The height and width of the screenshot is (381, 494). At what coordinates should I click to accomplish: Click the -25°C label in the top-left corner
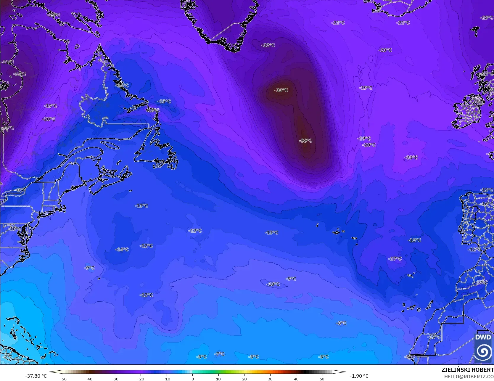(x=54, y=15)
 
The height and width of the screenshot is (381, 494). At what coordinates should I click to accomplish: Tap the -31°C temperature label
(x=7, y=62)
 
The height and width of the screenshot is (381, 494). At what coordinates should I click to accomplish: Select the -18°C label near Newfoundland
(x=153, y=110)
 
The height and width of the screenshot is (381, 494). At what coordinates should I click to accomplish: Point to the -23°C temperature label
(x=385, y=50)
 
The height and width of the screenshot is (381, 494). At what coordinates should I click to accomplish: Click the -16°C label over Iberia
(x=487, y=204)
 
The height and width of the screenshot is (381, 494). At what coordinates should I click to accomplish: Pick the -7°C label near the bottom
(x=219, y=354)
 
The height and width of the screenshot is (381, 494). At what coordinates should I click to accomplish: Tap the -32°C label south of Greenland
(x=268, y=45)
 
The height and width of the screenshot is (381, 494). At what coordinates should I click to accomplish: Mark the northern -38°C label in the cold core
(x=281, y=90)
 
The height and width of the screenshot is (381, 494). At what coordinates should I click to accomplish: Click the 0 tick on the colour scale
(x=193, y=379)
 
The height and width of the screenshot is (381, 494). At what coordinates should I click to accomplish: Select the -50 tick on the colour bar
(x=63, y=379)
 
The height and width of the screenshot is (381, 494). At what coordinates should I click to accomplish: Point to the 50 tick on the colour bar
(x=322, y=379)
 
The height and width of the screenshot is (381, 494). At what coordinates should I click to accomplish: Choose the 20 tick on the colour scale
(x=244, y=379)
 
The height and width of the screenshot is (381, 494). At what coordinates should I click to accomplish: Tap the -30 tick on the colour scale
(x=115, y=379)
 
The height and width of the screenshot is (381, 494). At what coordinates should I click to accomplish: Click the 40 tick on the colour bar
(x=296, y=379)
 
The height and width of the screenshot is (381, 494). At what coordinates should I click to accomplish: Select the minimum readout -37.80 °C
(x=36, y=376)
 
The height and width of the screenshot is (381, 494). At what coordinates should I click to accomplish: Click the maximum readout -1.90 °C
(x=359, y=376)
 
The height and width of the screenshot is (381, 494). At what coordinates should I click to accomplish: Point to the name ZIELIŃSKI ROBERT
(x=467, y=370)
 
